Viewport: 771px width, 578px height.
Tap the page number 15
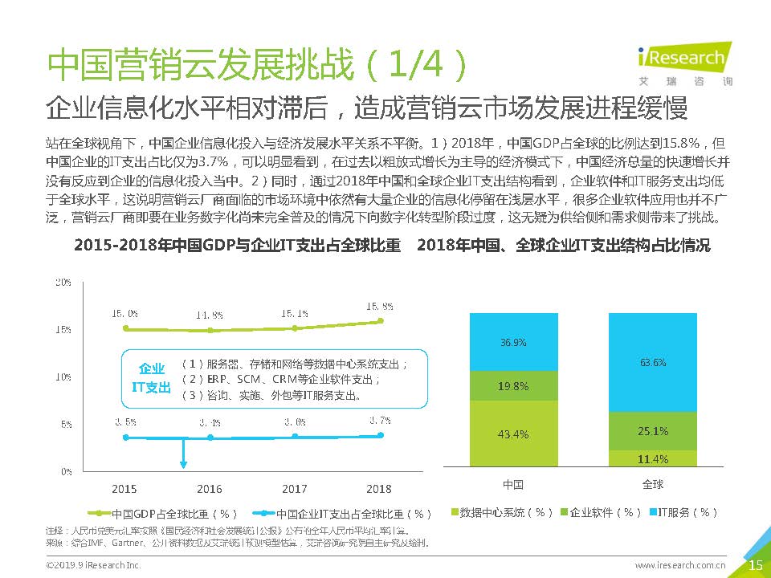pyautogui.click(x=755, y=565)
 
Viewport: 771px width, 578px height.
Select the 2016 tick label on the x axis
pyautogui.click(x=210, y=489)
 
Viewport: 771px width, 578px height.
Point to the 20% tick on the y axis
pyautogui.click(x=63, y=283)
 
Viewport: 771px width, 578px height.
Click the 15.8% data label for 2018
pyautogui.click(x=379, y=306)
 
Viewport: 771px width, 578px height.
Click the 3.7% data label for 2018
pyautogui.click(x=379, y=420)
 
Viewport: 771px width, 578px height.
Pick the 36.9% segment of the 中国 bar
pyautogui.click(x=513, y=342)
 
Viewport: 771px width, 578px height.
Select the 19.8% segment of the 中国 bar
pyautogui.click(x=513, y=386)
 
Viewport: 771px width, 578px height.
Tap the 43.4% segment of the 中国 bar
pyautogui.click(x=513, y=433)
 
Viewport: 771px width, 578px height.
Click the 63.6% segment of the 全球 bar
pyautogui.click(x=653, y=362)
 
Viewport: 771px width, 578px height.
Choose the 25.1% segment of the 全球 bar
pyautogui.click(x=653, y=431)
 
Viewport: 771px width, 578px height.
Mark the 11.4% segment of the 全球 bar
pyautogui.click(x=653, y=458)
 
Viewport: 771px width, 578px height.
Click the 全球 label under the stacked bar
pyautogui.click(x=653, y=485)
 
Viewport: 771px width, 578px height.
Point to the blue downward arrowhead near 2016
pyautogui.click(x=184, y=463)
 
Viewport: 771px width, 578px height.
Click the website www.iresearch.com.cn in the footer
pyautogui.click(x=681, y=566)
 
